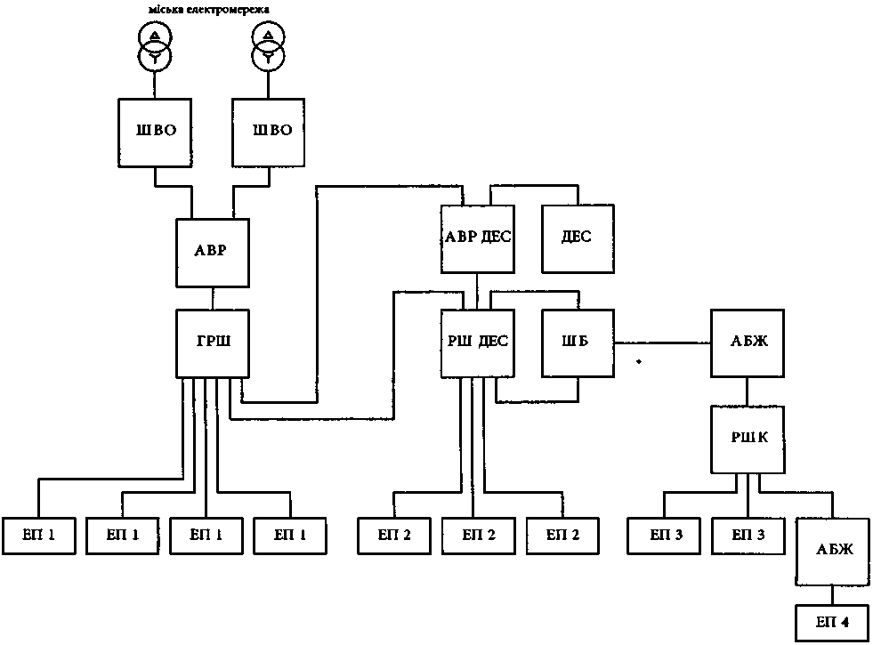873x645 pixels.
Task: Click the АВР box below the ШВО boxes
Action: click(213, 252)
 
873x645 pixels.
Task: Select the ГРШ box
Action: click(213, 343)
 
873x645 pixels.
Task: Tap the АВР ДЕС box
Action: click(478, 238)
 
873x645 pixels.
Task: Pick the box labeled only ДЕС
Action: click(576, 238)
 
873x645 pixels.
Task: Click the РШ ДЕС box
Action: click(478, 343)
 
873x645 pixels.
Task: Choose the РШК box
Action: click(747, 439)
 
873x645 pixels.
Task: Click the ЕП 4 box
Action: click(831, 624)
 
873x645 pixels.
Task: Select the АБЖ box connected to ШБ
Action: click(746, 343)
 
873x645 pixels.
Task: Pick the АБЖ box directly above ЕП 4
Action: click(831, 550)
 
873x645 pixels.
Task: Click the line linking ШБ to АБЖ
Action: click(662, 343)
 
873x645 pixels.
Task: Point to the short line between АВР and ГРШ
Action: click(213, 298)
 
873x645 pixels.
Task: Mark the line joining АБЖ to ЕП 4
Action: click(831, 595)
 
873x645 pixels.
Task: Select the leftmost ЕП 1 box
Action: click(39, 536)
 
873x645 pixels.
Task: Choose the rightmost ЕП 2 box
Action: click(562, 536)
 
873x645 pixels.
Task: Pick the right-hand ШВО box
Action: click(269, 130)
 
